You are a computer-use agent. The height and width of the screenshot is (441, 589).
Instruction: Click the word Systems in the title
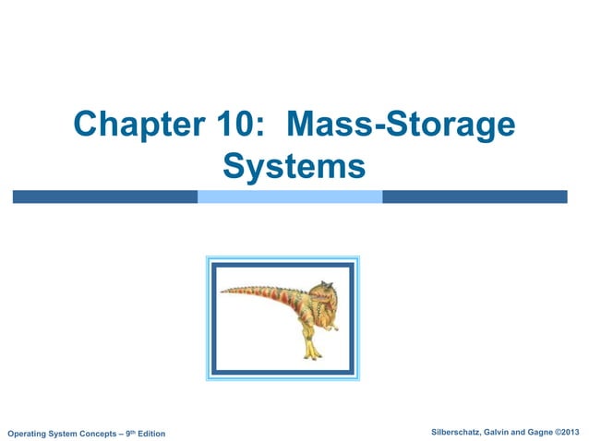(294, 168)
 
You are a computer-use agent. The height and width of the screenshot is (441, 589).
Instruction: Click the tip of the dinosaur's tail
(222, 290)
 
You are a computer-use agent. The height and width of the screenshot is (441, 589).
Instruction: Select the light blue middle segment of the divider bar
(290, 197)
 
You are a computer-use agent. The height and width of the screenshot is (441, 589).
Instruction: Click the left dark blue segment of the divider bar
(104, 197)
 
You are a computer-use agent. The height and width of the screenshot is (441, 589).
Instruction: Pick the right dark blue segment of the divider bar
(474, 197)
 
